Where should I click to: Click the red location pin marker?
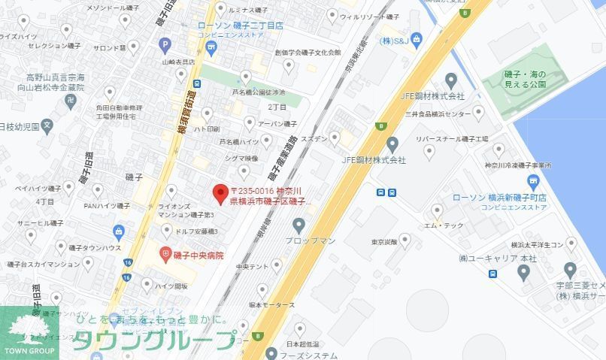[220, 194]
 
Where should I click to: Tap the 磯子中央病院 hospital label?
[199, 256]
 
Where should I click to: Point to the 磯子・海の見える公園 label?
[536, 80]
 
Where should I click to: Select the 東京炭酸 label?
[384, 242]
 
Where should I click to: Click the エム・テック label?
[444, 225]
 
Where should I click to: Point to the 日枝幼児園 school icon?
[47, 126]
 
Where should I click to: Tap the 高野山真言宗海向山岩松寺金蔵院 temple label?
[56, 83]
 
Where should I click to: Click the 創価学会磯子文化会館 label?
[308, 53]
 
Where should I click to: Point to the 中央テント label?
[252, 266]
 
